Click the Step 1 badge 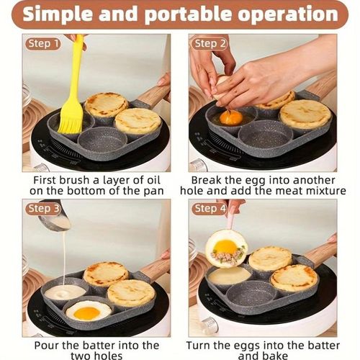tap(43, 44)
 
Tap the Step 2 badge tap(210, 44)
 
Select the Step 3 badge tap(43, 209)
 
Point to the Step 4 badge tap(210, 209)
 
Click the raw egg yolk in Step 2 tap(231, 117)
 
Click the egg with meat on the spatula tap(225, 248)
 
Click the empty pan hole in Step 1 tap(103, 138)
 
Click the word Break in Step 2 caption tap(209, 178)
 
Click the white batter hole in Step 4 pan tap(229, 275)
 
